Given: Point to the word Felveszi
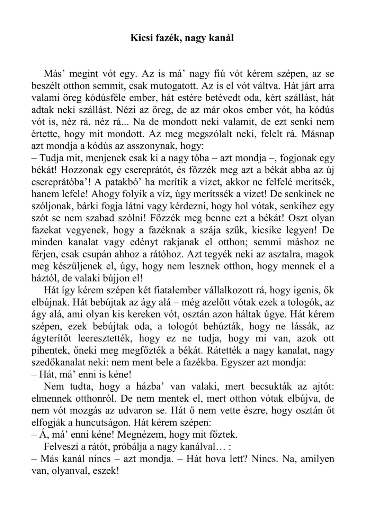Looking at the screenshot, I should [x=60, y=447].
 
